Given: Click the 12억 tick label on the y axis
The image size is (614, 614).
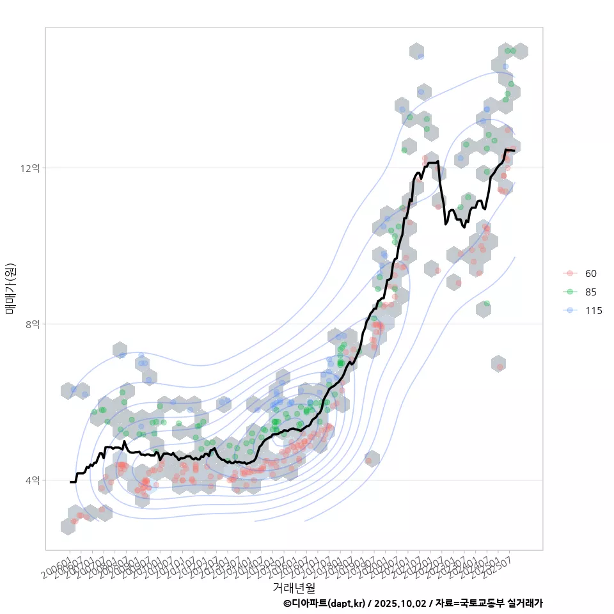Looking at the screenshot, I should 31,168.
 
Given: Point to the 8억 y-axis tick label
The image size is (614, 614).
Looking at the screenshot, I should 33,324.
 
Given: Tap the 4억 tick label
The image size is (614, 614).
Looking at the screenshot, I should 33,480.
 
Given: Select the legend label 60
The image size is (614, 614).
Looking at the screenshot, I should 591,274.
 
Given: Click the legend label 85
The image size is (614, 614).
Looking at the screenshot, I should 591,292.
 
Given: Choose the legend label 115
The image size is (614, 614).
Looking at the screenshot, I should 594,311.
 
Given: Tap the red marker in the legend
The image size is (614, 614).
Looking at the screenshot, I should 570,274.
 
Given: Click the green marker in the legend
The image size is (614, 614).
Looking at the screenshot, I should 570,292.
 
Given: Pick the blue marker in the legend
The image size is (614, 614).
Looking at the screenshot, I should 570,311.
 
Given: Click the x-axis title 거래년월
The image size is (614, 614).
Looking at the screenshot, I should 294,586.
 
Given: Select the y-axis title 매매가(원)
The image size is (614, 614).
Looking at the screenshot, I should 11,288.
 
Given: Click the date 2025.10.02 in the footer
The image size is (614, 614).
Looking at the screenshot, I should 399,603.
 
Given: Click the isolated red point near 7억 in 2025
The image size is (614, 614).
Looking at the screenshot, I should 500,366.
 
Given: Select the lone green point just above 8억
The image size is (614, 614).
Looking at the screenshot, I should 487,304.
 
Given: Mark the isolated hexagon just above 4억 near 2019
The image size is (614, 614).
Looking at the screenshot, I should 371,459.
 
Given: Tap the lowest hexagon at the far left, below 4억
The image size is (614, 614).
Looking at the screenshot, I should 68,526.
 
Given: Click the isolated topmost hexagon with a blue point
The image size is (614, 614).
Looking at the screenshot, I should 417,52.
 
